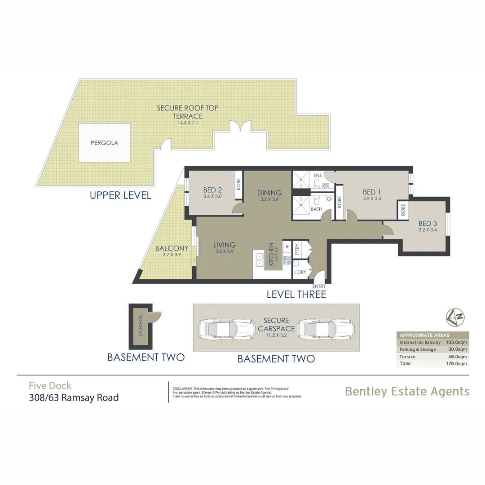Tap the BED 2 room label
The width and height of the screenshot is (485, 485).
(213, 190)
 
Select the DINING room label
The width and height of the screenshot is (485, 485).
(269, 193)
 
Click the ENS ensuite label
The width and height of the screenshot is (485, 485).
(317, 176)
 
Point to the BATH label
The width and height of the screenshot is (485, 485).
(316, 209)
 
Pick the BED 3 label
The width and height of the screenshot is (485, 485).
(428, 223)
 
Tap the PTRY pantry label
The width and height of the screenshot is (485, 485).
(296, 248)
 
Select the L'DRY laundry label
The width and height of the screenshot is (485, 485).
(300, 272)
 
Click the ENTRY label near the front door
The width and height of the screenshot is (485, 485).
(319, 286)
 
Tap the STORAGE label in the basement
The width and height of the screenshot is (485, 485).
(141, 326)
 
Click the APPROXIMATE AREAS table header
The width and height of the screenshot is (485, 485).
(424, 335)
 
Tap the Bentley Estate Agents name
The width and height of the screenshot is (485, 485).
(407, 391)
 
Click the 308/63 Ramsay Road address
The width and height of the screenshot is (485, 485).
(74, 397)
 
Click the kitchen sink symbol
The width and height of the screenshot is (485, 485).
(260, 259)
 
